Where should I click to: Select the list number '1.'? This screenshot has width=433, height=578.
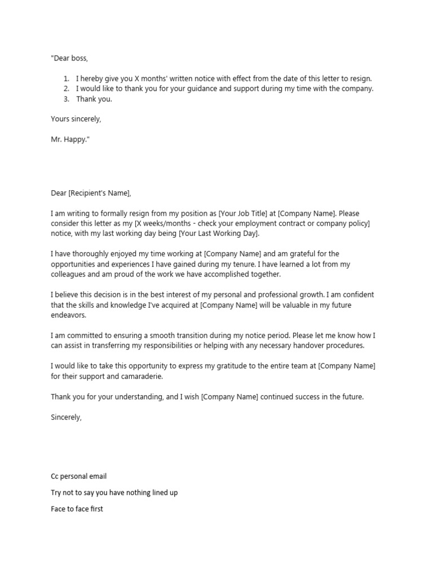pyautogui.click(x=66, y=78)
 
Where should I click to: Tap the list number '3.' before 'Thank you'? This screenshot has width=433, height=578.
pyautogui.click(x=66, y=99)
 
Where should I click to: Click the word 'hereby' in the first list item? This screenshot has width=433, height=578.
pyautogui.click(x=92, y=78)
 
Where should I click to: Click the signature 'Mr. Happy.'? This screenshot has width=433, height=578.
pyautogui.click(x=70, y=139)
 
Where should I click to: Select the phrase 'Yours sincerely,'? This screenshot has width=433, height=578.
pyautogui.click(x=76, y=119)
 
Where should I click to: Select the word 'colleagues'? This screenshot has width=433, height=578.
pyautogui.click(x=69, y=274)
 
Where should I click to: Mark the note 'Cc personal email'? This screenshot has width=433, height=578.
pyautogui.click(x=78, y=476)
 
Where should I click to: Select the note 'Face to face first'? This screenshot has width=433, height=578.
pyautogui.click(x=77, y=509)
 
